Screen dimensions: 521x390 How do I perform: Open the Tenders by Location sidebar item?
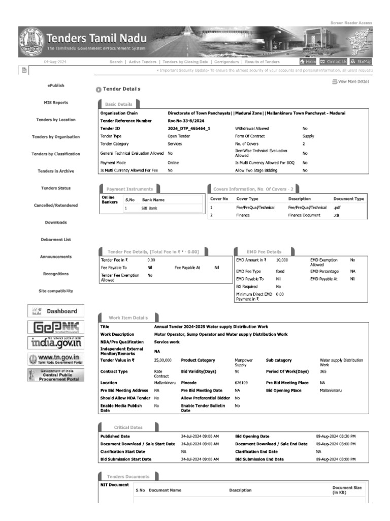click(56, 120)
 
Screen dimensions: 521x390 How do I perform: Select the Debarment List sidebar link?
click(56, 239)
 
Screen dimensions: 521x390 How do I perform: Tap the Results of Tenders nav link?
click(262, 62)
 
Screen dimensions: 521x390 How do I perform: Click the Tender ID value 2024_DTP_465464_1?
click(188, 129)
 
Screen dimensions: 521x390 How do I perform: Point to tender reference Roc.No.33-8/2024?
click(186, 121)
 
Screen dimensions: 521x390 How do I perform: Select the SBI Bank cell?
click(149, 208)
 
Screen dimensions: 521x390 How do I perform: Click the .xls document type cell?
click(336, 215)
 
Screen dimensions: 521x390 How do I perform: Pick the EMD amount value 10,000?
click(282, 260)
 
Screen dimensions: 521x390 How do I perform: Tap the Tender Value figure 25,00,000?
click(162, 360)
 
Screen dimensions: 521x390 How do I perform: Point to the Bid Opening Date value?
click(336, 437)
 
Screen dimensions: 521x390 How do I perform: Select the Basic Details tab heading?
click(118, 104)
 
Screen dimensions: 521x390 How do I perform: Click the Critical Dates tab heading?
click(128, 427)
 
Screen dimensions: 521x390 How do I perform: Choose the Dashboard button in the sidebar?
click(56, 311)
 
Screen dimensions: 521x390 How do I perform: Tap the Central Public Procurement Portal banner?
click(56, 375)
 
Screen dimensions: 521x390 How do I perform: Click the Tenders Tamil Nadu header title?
click(96, 38)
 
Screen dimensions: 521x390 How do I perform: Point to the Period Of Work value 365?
click(323, 371)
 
